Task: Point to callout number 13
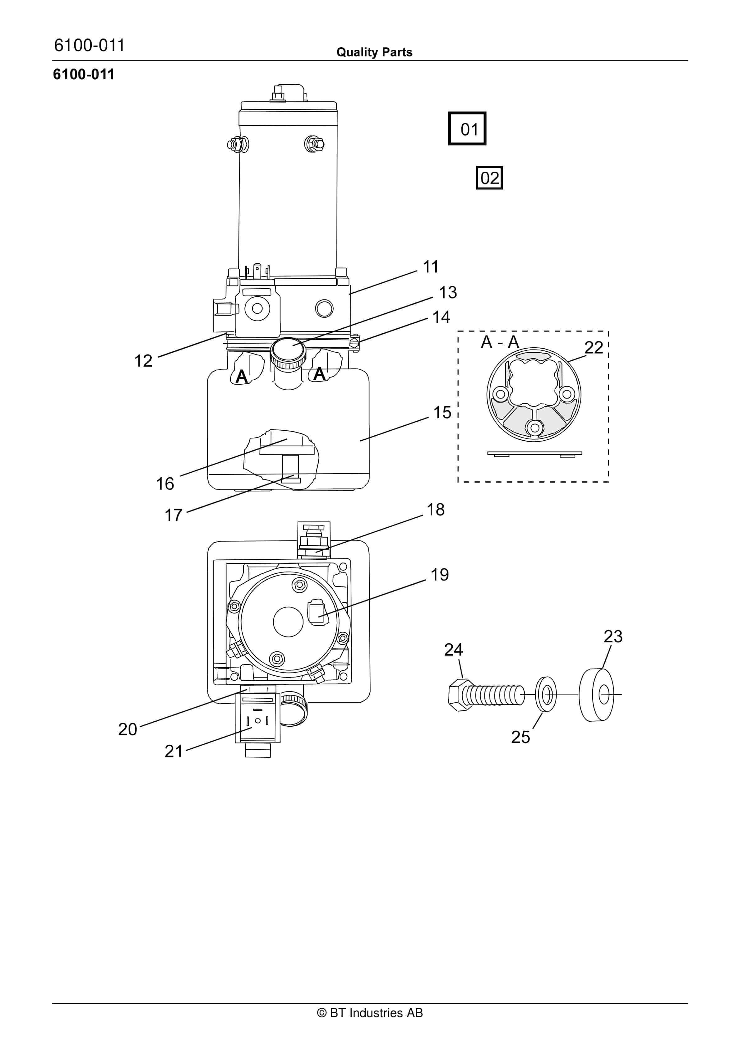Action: (448, 293)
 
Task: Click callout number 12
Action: (143, 361)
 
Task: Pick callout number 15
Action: (442, 412)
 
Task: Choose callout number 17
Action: (173, 515)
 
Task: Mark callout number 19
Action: (440, 575)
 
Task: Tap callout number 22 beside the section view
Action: (594, 348)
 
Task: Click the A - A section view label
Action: (500, 342)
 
